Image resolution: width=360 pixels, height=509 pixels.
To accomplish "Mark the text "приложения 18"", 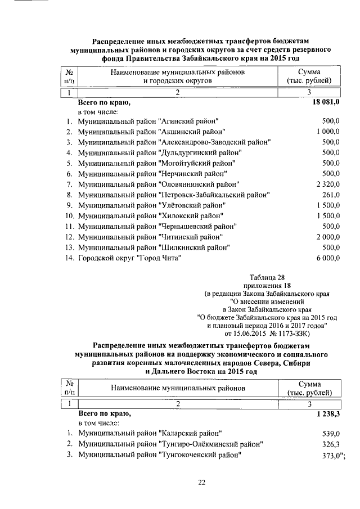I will point(266,285).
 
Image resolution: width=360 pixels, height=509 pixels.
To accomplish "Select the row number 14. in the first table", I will point(70,258).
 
